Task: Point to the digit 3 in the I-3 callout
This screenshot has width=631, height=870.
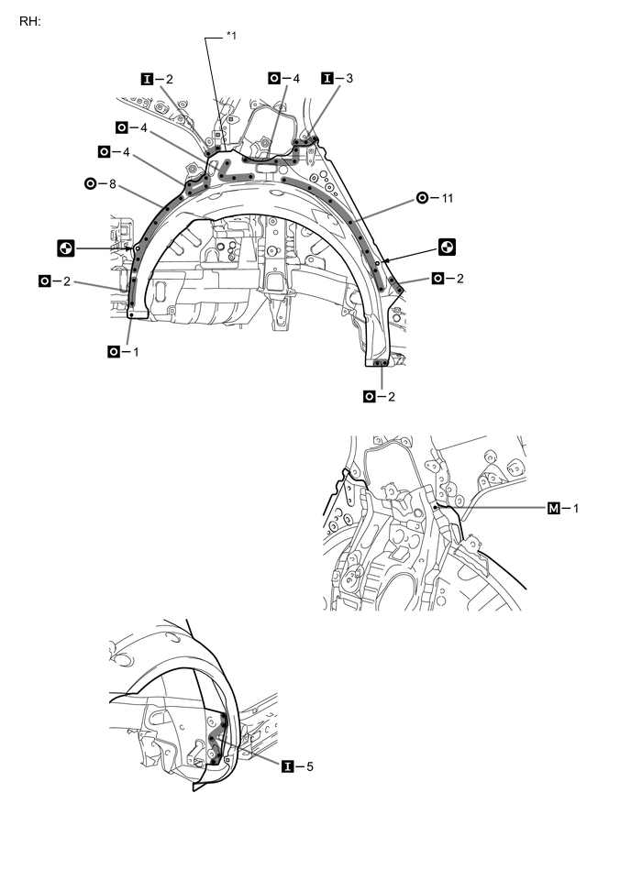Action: click(x=349, y=79)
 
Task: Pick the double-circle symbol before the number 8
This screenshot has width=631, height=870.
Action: click(x=90, y=183)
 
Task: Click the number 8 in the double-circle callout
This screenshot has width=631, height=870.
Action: click(x=113, y=183)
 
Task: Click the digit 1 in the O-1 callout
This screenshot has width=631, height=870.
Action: click(x=137, y=350)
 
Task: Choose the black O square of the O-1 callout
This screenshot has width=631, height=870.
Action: click(x=113, y=350)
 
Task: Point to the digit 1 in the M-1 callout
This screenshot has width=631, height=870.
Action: click(x=577, y=507)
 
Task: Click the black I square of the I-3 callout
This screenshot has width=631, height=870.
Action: click(x=326, y=79)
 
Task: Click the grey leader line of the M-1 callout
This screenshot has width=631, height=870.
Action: click(x=495, y=506)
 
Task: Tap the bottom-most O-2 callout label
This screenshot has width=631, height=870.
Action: click(x=382, y=396)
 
